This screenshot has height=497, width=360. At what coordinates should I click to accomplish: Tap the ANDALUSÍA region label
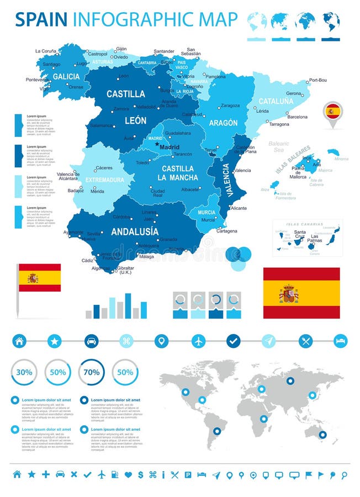click(134, 231)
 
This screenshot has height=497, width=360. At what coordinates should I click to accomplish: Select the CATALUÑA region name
click(276, 102)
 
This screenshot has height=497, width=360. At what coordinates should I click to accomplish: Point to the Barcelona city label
click(298, 117)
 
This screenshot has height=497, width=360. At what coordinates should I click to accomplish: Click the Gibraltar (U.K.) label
click(126, 270)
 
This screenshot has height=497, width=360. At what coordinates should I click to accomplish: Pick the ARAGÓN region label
click(223, 123)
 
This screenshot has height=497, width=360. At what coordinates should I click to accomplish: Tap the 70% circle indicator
click(92, 372)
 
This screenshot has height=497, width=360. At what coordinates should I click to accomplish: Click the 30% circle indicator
click(24, 372)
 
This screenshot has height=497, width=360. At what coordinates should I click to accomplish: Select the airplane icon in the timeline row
click(198, 341)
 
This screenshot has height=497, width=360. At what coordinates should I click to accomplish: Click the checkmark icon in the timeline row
click(234, 341)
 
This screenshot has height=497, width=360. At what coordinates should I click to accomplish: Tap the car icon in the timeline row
click(91, 341)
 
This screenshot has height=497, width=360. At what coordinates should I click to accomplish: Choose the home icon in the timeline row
click(19, 341)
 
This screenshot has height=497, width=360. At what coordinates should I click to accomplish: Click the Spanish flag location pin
click(332, 113)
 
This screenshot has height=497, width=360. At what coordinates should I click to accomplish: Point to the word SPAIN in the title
click(41, 19)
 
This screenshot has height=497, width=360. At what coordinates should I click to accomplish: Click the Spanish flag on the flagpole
click(39, 278)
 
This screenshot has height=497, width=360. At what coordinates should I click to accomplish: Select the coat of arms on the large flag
click(288, 293)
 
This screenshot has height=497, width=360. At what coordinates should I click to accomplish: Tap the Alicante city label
click(239, 208)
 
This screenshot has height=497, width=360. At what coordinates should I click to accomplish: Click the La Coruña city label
click(46, 51)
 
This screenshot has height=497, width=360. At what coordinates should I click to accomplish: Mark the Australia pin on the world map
click(322, 435)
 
